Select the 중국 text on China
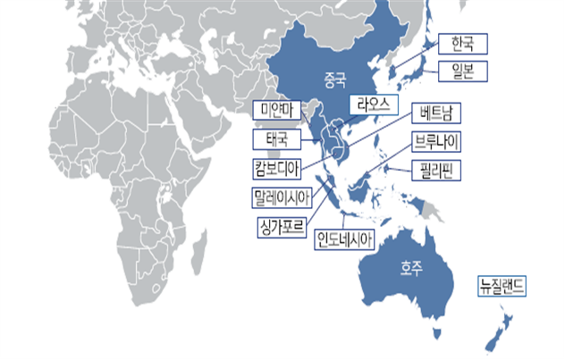click(336, 79)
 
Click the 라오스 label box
click(372, 104)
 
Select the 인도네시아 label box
click(344, 239)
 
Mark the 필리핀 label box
click(435, 170)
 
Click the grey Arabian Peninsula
click(180, 116)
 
